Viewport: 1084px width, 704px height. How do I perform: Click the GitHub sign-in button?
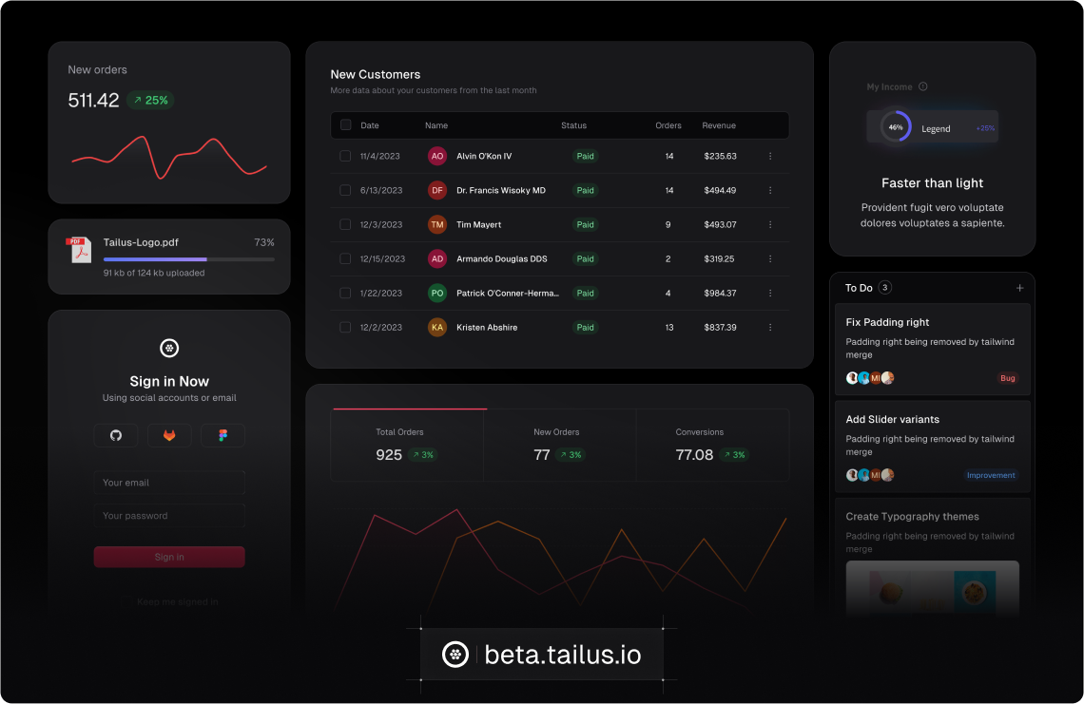(116, 435)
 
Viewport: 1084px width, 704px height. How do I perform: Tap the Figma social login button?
(223, 435)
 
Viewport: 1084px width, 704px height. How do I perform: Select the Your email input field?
(169, 483)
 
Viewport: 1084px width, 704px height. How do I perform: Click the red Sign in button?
(169, 557)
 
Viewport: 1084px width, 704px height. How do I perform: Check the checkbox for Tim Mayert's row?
(345, 224)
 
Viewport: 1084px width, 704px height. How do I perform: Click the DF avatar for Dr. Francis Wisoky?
(437, 190)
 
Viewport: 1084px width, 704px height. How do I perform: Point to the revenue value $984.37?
(720, 293)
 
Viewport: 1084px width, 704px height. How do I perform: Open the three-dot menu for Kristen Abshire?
(770, 327)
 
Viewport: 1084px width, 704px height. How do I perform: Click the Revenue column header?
(719, 125)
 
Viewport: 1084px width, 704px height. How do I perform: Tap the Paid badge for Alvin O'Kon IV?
(585, 156)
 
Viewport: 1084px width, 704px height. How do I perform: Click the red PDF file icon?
(79, 250)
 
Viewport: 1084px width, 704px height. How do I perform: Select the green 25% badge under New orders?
(150, 100)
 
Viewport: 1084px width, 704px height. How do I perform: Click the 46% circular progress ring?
(895, 127)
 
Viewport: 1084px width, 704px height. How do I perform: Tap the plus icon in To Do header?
(1019, 288)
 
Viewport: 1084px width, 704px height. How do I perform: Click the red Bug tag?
(1007, 378)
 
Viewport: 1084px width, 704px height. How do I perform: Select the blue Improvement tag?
(991, 475)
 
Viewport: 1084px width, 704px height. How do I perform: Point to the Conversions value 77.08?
(694, 455)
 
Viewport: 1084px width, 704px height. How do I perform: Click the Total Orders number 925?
(389, 455)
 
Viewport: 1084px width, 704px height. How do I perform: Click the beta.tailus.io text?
(563, 655)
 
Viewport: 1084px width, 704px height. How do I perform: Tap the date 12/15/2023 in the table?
(382, 258)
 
